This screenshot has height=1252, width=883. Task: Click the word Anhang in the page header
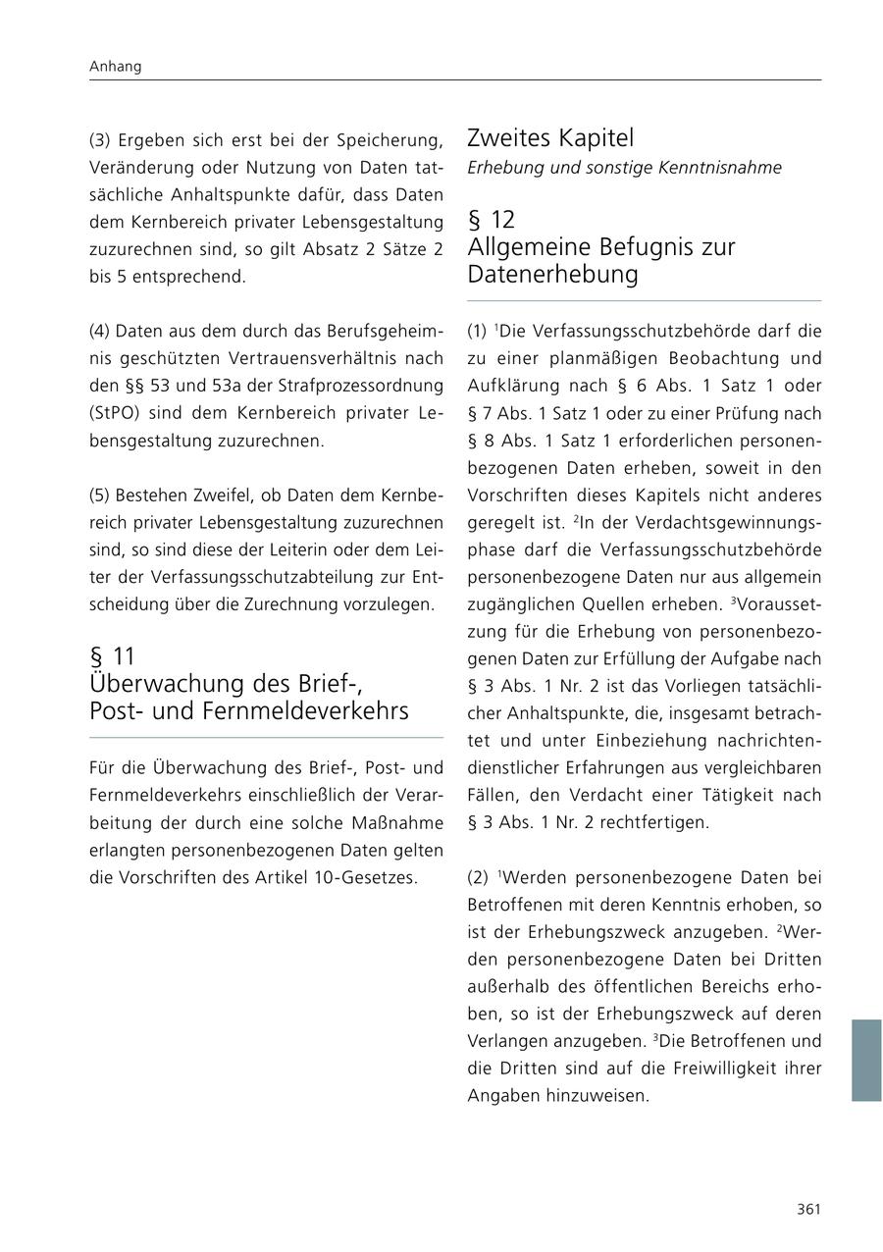(115, 67)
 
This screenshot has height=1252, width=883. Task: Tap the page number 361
(808, 1209)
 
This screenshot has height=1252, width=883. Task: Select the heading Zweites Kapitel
(550, 137)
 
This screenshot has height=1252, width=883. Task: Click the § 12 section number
(491, 219)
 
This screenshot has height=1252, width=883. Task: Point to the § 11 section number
(112, 655)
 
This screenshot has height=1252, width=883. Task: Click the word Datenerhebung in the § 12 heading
(552, 275)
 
